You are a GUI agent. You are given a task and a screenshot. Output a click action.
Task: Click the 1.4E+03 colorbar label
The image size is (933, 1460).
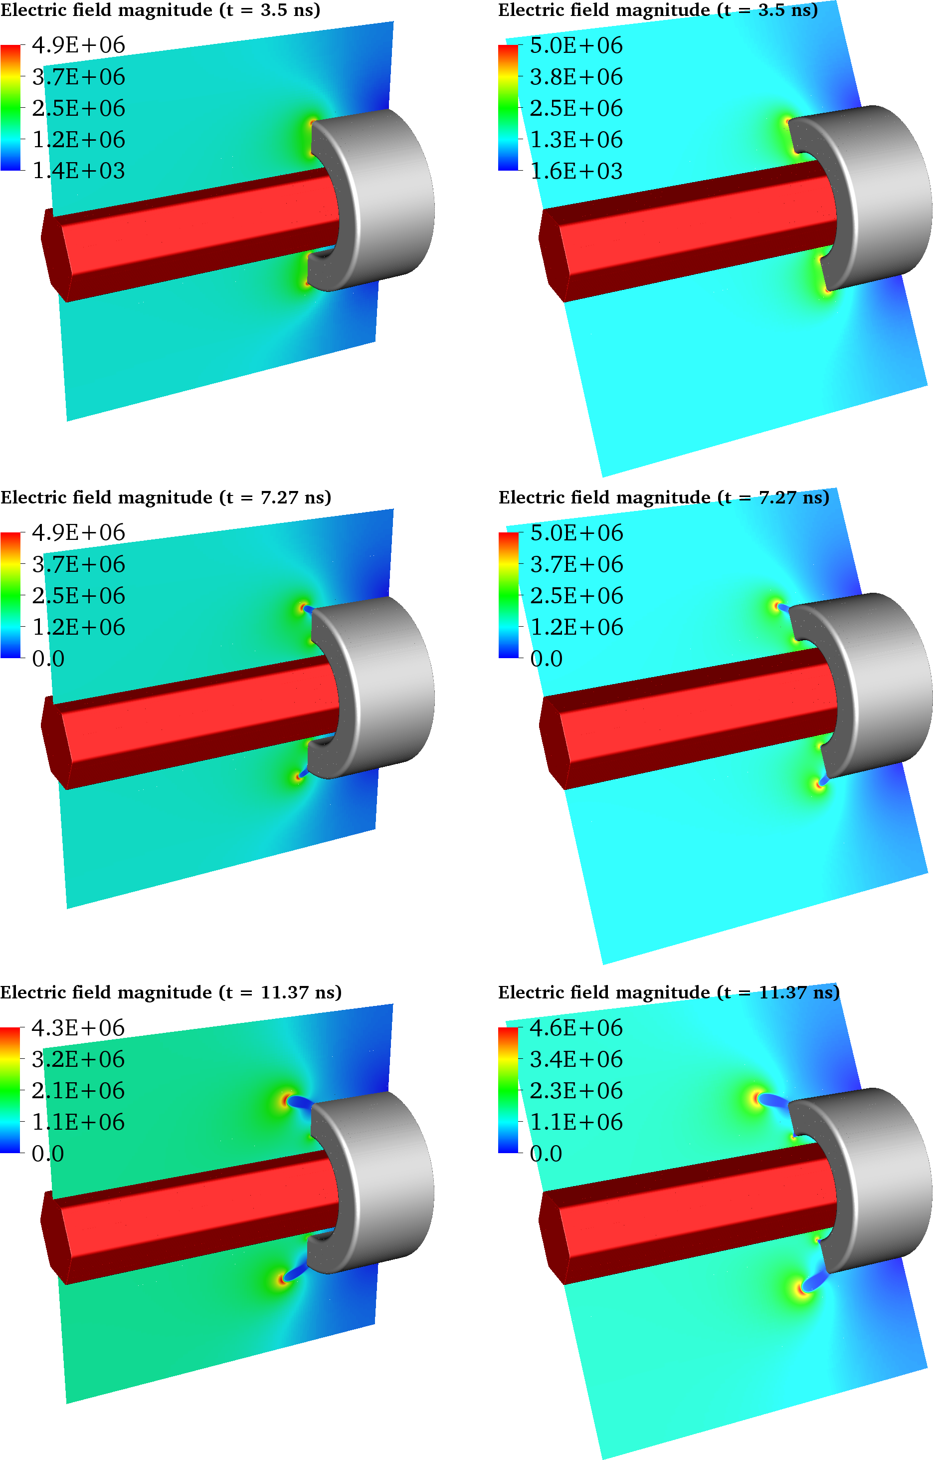[79, 171]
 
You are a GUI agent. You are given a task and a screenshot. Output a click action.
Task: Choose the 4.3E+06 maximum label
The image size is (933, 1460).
[78, 1028]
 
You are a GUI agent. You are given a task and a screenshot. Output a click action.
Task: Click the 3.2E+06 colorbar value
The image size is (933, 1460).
[78, 1059]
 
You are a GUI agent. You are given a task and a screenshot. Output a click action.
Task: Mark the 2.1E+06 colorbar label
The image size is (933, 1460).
[78, 1091]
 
